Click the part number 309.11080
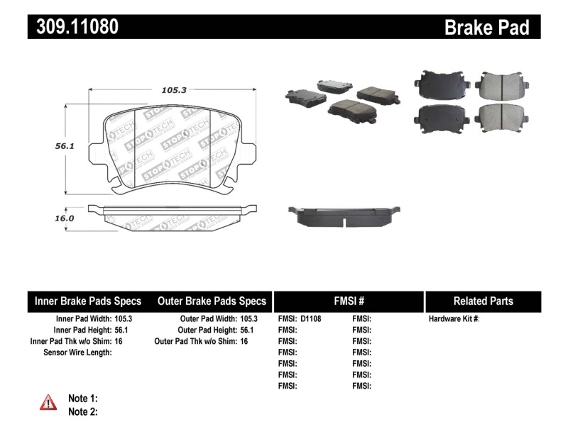click(x=73, y=27)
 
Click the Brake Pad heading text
click(x=486, y=28)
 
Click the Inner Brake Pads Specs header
click(x=88, y=301)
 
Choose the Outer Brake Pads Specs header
click(x=212, y=301)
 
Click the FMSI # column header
click(x=348, y=301)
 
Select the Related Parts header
click(x=484, y=301)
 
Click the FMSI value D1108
click(x=311, y=319)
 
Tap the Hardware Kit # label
click(x=454, y=319)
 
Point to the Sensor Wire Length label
click(x=77, y=352)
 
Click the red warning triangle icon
click(x=48, y=402)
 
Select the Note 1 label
click(x=82, y=399)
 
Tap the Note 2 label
click(x=82, y=411)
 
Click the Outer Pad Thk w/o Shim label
click(x=196, y=341)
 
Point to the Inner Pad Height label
click(x=82, y=330)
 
